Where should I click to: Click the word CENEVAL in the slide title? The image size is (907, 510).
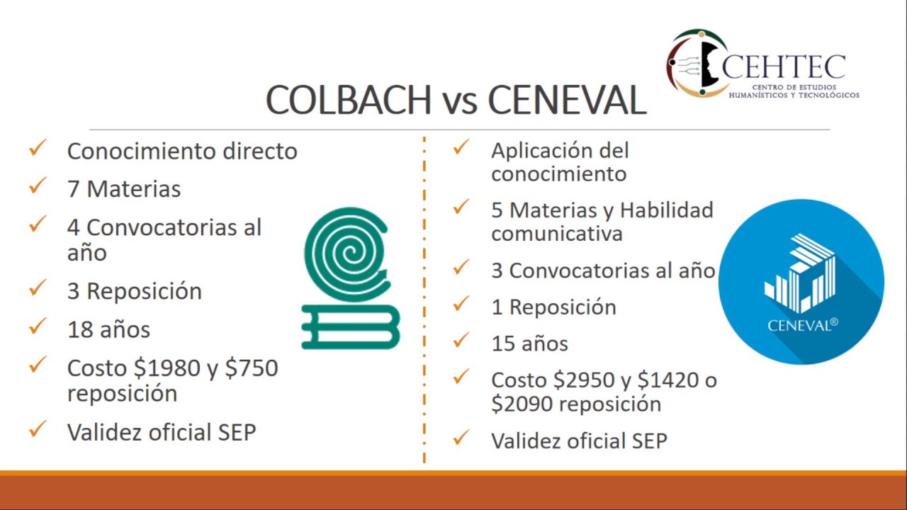coord(567,100)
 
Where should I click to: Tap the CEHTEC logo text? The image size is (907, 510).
coord(783,67)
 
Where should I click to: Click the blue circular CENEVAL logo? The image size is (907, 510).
coord(801,282)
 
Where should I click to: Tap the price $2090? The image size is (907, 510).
coord(523,404)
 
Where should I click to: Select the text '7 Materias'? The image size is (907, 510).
coord(123,189)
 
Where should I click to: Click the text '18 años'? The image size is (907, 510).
coord(108,329)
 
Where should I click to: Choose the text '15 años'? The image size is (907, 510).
coord(529,344)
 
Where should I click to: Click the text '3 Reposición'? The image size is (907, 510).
coord(134,291)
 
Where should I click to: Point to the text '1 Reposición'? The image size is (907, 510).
coord(553,307)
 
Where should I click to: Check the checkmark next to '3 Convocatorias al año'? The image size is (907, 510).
coord(461,268)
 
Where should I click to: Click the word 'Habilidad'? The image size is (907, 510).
coord(666,210)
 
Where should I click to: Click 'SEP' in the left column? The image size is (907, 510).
coord(236,432)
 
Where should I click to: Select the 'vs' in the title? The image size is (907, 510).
coord(459,101)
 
